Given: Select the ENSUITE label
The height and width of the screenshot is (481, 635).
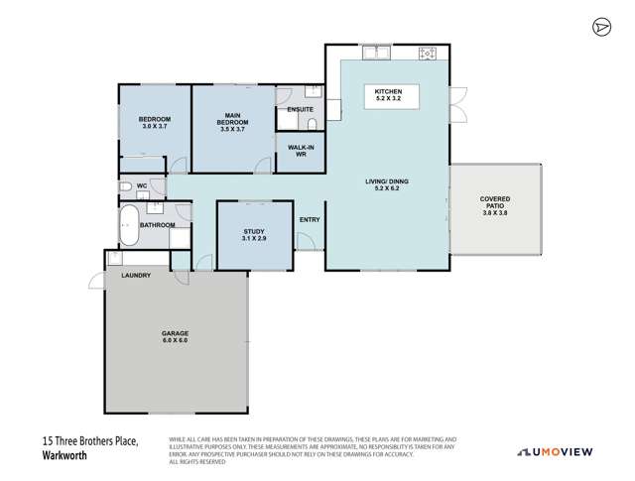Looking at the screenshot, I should (301, 109).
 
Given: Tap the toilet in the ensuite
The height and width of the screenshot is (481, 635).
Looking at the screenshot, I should (311, 124).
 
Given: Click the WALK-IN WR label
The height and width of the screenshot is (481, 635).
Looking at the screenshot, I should (302, 151).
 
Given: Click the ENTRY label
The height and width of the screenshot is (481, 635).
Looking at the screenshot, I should (310, 220).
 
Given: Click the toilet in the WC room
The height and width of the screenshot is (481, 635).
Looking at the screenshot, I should (125, 186).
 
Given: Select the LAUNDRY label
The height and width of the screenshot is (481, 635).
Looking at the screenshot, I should (136, 275).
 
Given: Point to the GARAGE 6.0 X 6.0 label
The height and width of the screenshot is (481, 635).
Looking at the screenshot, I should (175, 336).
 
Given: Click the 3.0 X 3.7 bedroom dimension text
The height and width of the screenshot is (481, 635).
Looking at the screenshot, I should (156, 127).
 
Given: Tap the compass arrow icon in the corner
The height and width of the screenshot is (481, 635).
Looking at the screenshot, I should (600, 27).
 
